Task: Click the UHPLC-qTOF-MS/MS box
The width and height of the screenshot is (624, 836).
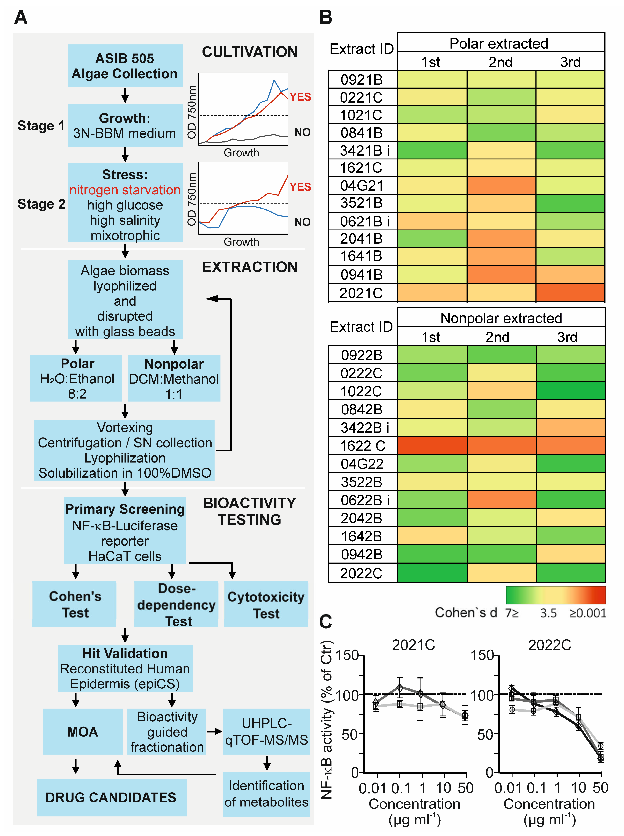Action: (x=266, y=731)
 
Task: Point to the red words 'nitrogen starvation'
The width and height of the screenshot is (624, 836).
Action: (x=125, y=190)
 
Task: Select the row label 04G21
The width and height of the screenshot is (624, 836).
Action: (x=362, y=186)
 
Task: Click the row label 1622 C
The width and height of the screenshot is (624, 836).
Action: (x=362, y=446)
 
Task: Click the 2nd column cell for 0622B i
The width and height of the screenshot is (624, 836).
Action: (x=501, y=500)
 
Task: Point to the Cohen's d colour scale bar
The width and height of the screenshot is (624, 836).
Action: (x=555, y=595)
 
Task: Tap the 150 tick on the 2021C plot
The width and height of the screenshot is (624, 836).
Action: (x=347, y=655)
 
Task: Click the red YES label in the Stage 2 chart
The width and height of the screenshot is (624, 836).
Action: (x=300, y=187)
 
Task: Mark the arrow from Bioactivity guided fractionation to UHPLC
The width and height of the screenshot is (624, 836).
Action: (x=214, y=731)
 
